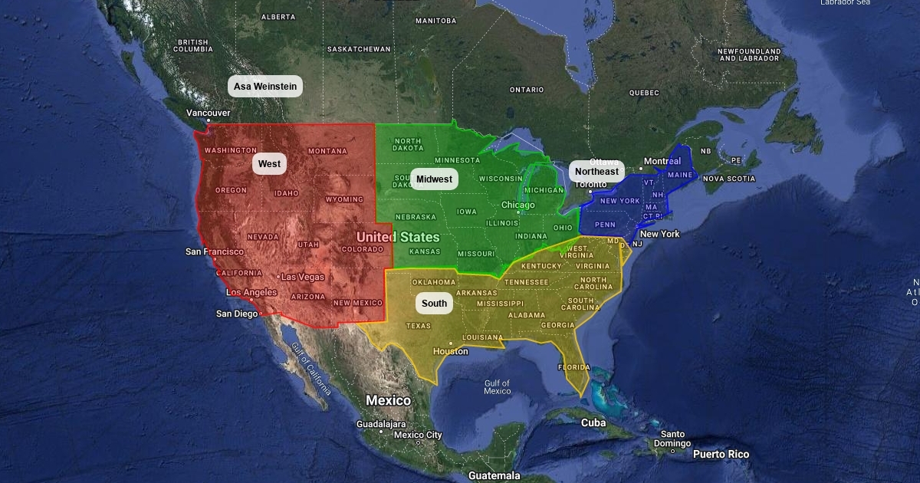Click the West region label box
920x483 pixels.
tap(269, 164)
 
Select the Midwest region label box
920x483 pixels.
tap(434, 179)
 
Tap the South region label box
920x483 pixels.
tap(434, 304)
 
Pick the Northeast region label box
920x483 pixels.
tap(596, 172)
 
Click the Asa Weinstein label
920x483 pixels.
tap(265, 87)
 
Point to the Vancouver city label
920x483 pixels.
tap(208, 113)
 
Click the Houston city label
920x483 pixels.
tap(450, 352)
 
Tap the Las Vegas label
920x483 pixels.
tap(302, 277)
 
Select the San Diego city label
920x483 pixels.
tap(237, 314)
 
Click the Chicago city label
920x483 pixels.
tap(518, 205)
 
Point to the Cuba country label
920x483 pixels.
tap(593, 423)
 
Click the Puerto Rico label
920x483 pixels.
tap(721, 455)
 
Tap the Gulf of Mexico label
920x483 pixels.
tap(497, 387)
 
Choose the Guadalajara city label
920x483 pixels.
tap(381, 424)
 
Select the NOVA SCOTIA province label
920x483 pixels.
tap(729, 179)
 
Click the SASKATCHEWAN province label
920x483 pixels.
tap(359, 49)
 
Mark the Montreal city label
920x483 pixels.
tap(662, 162)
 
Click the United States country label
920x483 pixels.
tap(398, 238)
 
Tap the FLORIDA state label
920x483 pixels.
tap(573, 367)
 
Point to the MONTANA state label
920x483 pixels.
tap(327, 151)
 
